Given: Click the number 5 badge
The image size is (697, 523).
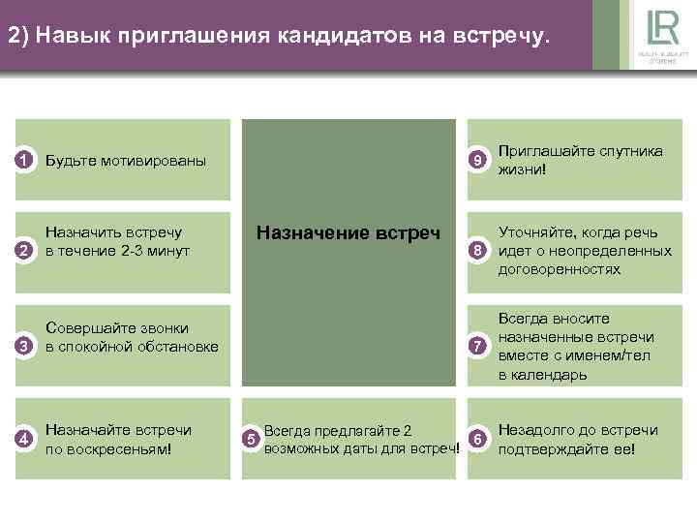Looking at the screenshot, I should click(x=251, y=441).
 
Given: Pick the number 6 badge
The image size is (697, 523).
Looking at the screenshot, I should click(x=476, y=439).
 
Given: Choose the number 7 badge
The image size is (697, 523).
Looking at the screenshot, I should click(x=476, y=347).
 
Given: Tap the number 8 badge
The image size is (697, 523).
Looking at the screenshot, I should click(x=476, y=253).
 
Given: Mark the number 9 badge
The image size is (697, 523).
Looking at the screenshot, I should click(x=476, y=159).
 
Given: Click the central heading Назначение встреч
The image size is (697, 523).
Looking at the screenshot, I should click(x=348, y=232).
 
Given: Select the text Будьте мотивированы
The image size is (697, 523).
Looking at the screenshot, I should click(x=126, y=160).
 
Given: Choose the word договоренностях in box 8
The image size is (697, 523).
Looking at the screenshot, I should click(x=559, y=270).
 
